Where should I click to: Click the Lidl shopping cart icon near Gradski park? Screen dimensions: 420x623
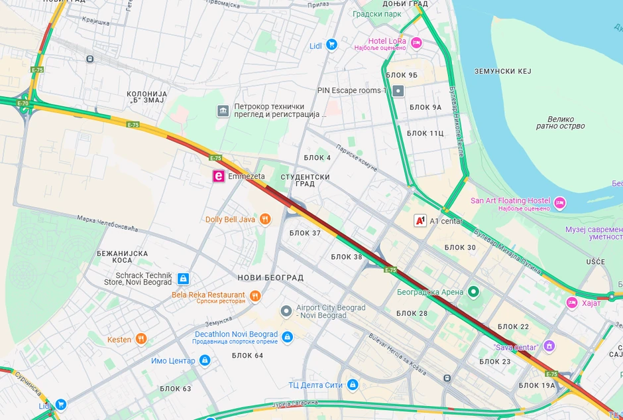(332, 45)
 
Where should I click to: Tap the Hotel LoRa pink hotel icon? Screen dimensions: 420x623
(416, 43)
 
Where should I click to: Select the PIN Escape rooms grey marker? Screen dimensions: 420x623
(398, 91)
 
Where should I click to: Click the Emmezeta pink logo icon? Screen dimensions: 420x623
(217, 176)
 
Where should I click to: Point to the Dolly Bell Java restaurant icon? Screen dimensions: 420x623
(265, 219)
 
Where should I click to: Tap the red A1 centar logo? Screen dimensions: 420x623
(420, 221)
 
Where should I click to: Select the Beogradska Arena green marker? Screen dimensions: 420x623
(473, 291)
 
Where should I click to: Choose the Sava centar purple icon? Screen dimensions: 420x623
(549, 346)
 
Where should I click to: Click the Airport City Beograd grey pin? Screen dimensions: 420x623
(286, 311)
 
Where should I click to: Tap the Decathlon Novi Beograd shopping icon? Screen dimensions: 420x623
(287, 337)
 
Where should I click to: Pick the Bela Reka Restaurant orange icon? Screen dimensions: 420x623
(255, 296)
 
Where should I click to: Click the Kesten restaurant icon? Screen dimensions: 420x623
(141, 339)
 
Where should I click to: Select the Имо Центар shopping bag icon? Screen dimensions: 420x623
(205, 360)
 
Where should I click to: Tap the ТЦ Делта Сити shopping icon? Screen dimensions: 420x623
(353, 385)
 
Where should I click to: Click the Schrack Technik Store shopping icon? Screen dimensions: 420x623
(183, 279)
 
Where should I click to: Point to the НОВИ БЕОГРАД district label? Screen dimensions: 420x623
(270, 277)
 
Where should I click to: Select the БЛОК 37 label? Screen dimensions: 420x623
(305, 233)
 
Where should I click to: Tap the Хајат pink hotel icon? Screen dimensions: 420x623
(572, 303)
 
